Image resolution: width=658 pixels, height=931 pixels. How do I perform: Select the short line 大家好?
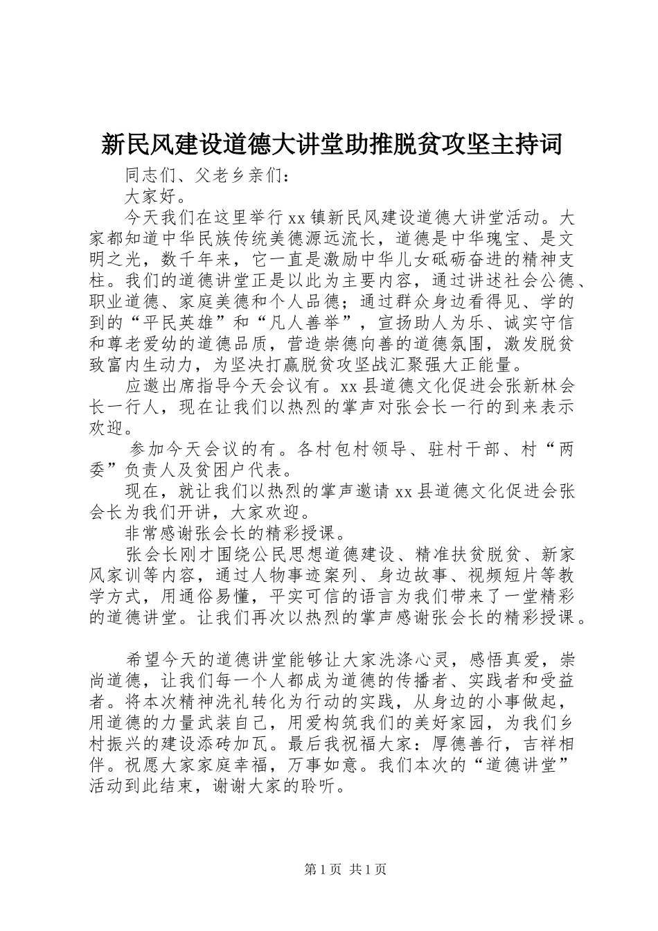tap(152, 196)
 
